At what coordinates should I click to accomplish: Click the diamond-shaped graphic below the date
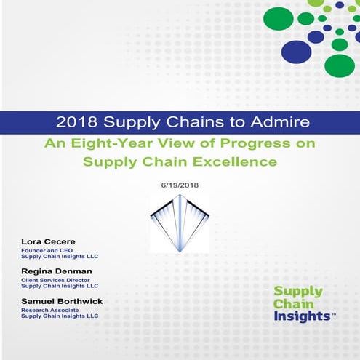coord(180,223)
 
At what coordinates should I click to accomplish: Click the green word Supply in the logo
coord(297,292)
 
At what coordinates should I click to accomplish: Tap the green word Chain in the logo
coord(293,305)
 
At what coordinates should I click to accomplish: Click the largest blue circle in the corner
coord(295,52)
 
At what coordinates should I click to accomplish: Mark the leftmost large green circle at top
coord(278,17)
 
